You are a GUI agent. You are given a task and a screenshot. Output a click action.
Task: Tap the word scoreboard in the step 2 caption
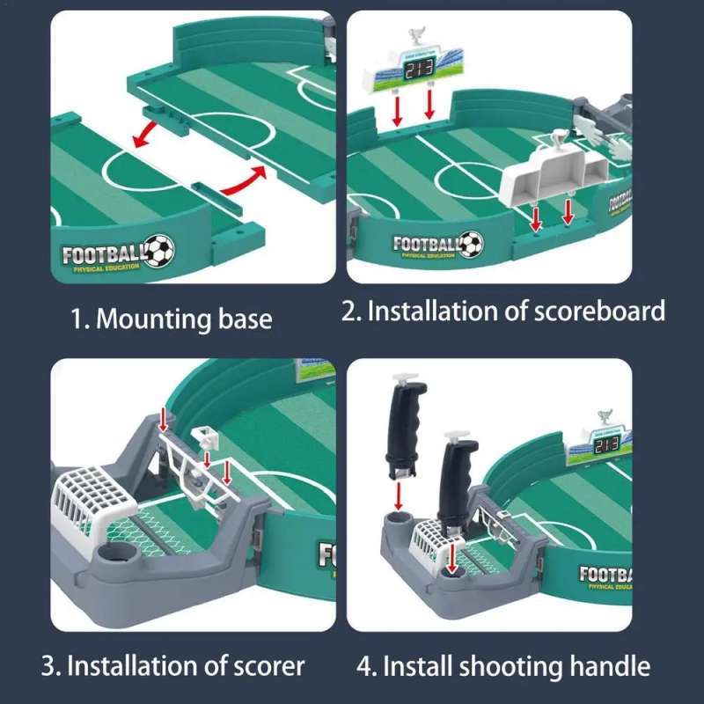pos(591,311)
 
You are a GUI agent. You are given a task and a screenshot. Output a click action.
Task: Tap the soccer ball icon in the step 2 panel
pos(472,243)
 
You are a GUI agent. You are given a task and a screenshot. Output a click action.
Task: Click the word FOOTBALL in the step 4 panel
pos(605,576)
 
